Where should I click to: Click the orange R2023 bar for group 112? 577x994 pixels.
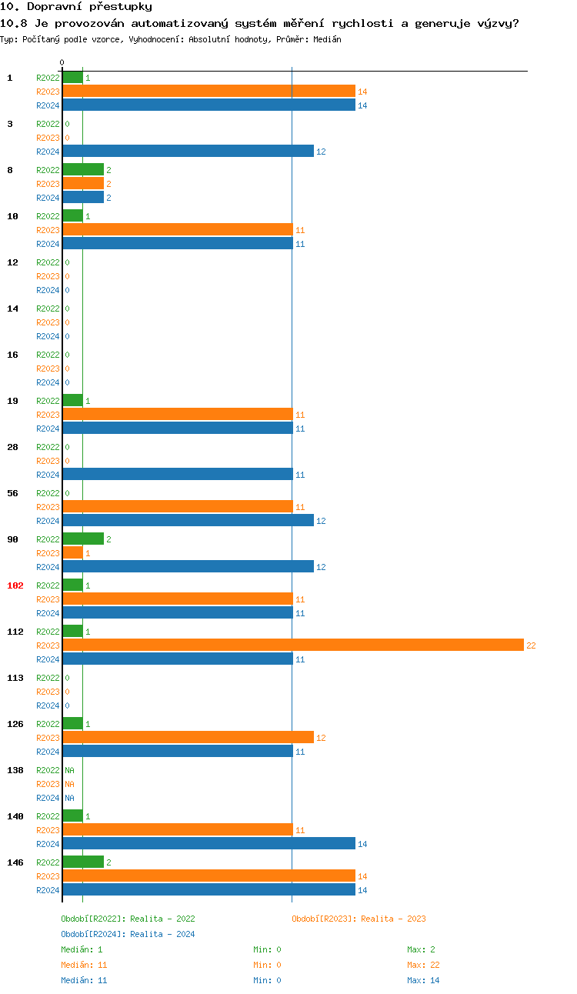pos(292,645)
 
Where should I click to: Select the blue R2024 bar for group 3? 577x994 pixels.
pos(188,151)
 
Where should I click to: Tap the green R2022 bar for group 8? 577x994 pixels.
pos(83,169)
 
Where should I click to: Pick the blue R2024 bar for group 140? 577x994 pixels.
pos(208,843)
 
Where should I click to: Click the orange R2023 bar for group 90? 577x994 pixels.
pos(73,552)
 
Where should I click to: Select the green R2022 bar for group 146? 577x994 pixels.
pos(83,862)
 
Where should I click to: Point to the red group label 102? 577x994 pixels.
pos(15,585)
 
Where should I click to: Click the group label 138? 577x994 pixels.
pos(15,770)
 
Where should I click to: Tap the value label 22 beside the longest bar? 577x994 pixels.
pos(531,645)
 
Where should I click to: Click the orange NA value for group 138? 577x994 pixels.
pos(69,784)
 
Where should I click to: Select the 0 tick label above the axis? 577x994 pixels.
pos(62,62)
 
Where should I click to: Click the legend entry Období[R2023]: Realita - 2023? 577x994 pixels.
pos(359,919)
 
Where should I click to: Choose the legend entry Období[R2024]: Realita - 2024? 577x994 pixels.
pos(128,934)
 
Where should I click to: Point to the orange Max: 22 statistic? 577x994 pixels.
pos(423,965)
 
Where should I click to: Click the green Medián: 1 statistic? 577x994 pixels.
pos(82,949)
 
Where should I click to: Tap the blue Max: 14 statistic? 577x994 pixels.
pos(423,980)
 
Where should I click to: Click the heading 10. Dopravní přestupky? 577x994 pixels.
pos(76,7)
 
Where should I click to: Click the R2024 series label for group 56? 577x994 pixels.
pos(48,521)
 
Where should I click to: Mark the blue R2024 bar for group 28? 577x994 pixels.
pos(178,474)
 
